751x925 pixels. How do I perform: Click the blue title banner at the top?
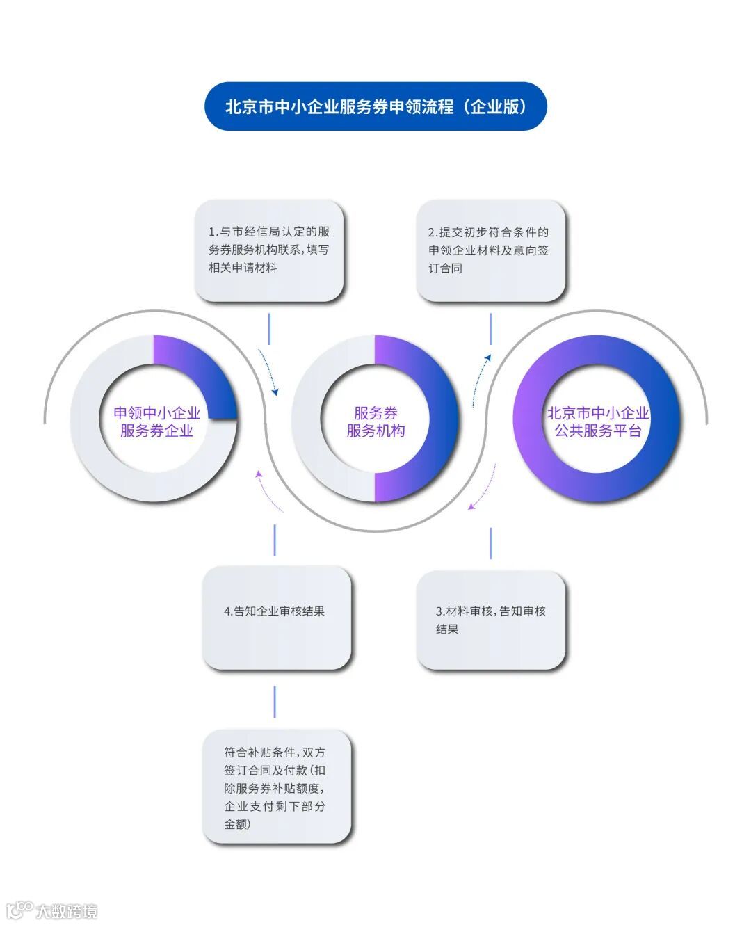point(375,106)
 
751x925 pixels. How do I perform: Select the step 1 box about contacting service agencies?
point(269,250)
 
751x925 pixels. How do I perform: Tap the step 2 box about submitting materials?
point(490,250)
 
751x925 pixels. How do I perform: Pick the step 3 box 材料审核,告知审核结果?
point(490,620)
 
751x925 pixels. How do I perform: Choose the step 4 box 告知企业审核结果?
point(276,617)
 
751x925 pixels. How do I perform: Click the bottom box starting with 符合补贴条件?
point(276,787)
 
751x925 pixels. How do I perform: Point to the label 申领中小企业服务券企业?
point(156,421)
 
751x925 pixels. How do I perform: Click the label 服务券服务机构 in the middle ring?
point(375,421)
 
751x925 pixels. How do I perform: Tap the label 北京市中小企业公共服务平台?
point(597,421)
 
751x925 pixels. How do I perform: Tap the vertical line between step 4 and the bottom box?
point(275,701)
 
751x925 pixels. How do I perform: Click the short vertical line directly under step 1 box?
point(269,328)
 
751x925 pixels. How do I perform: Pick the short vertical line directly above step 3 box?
point(490,542)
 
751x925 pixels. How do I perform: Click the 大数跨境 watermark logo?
point(52,910)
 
